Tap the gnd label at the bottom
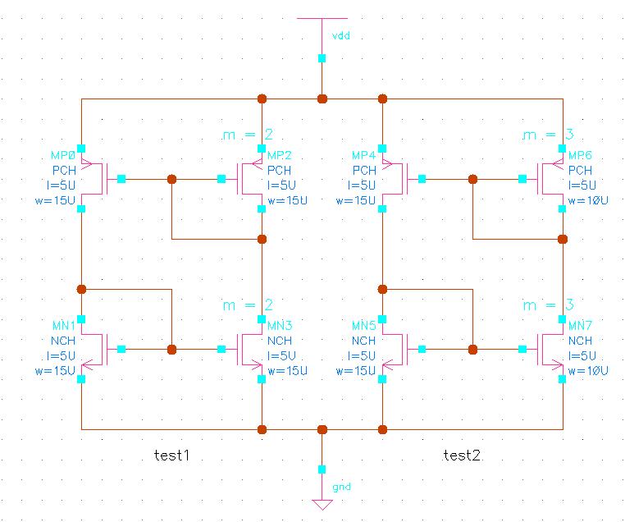(x=341, y=487)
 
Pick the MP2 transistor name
(x=280, y=155)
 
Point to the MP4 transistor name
(x=364, y=155)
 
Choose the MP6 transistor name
(x=581, y=155)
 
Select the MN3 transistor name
(x=280, y=327)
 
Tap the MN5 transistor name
(x=364, y=327)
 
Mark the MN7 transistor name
(x=581, y=327)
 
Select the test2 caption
(x=462, y=455)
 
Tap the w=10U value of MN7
(x=588, y=371)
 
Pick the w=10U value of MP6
(x=588, y=200)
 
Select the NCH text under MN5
(x=364, y=341)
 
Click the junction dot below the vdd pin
(x=322, y=98)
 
